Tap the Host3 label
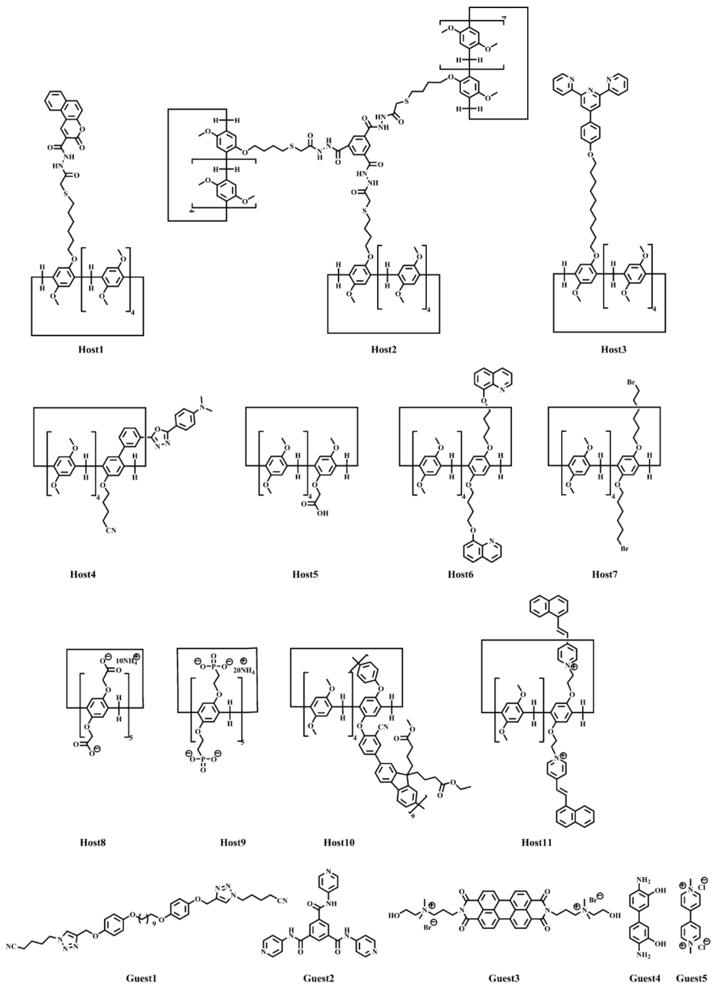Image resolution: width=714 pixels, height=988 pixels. (614, 349)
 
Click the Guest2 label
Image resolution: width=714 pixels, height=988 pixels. (319, 979)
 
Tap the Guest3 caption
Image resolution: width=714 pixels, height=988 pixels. (504, 979)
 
